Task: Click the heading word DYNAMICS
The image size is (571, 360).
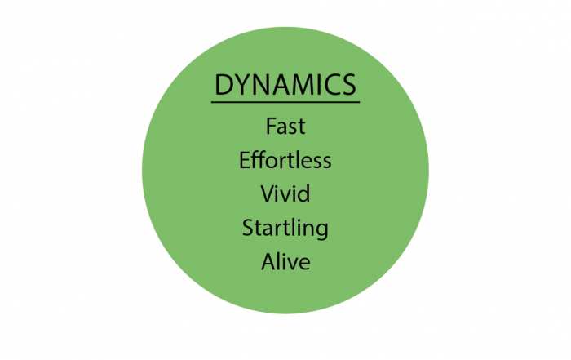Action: pyautogui.click(x=285, y=84)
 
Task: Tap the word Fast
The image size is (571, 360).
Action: pyautogui.click(x=285, y=126)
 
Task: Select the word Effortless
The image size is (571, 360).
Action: pyautogui.click(x=285, y=160)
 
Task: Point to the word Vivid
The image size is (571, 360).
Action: pyautogui.click(x=285, y=193)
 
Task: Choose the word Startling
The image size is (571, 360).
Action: pyautogui.click(x=285, y=229)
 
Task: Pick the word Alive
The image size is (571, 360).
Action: pyautogui.click(x=285, y=261)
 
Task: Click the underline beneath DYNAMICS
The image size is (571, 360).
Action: pyautogui.click(x=285, y=102)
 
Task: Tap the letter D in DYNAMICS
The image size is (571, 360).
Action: pyautogui.click(x=224, y=84)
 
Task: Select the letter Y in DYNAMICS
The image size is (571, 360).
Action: pyautogui.click(x=241, y=84)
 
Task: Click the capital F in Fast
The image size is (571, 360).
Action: pyautogui.click(x=271, y=126)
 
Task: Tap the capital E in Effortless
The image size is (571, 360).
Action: pyautogui.click(x=244, y=160)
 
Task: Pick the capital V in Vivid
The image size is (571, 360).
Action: pyautogui.click(x=268, y=193)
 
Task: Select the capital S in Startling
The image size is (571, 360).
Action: pyautogui.click(x=248, y=228)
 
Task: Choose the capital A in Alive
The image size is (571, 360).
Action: pyautogui.click(x=269, y=261)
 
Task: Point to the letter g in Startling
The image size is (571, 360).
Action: pyautogui.click(x=322, y=231)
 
